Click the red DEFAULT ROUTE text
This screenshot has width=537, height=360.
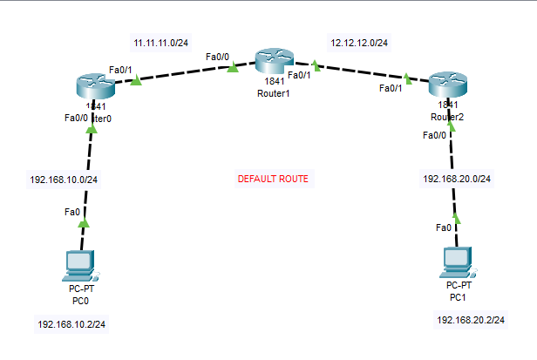[273, 180]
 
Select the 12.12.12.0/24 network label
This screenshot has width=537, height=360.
[359, 42]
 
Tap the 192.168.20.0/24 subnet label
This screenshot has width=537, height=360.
[457, 179]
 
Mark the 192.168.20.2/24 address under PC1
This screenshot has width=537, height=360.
[471, 320]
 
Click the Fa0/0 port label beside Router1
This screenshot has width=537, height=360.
[218, 57]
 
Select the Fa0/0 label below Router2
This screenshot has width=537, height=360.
[434, 135]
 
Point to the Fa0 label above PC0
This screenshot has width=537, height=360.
[72, 212]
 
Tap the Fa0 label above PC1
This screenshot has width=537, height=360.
[444, 228]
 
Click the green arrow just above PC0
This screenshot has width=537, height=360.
[84, 223]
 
